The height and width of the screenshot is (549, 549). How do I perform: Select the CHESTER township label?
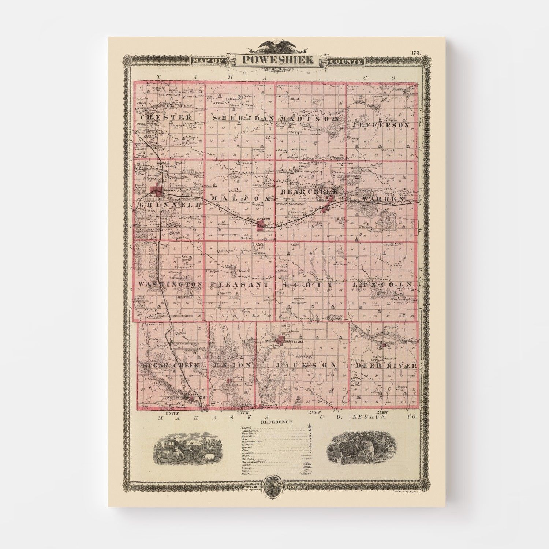tap(164, 118)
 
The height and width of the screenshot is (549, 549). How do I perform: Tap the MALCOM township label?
tap(241, 198)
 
